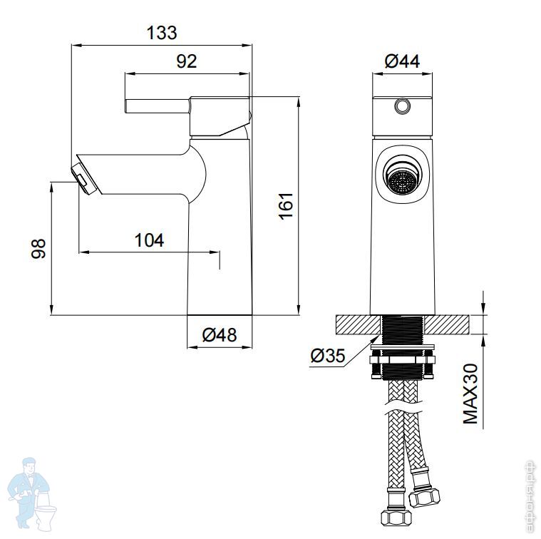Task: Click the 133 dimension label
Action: pos(162,33)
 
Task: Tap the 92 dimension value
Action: pos(187,61)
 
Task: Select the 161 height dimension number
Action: pos(286,206)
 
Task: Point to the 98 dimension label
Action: pos(38,248)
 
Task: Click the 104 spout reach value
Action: pos(149,240)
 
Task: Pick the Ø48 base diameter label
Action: pos(220,334)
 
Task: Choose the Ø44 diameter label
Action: pos(402,61)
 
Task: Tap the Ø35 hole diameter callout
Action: pos(327,356)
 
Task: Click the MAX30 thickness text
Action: pos(470,394)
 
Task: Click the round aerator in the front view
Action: pos(402,180)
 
